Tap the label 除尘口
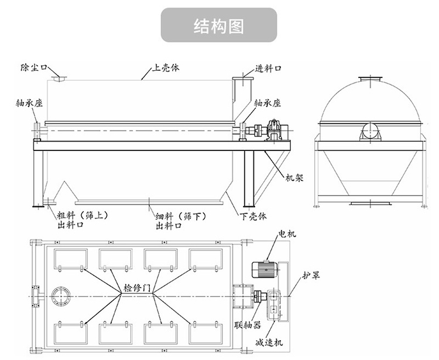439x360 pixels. (33, 67)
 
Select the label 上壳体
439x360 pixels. (166, 67)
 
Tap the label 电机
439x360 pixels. (287, 234)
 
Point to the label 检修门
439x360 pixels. (138, 288)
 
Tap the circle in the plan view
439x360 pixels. (60, 296)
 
